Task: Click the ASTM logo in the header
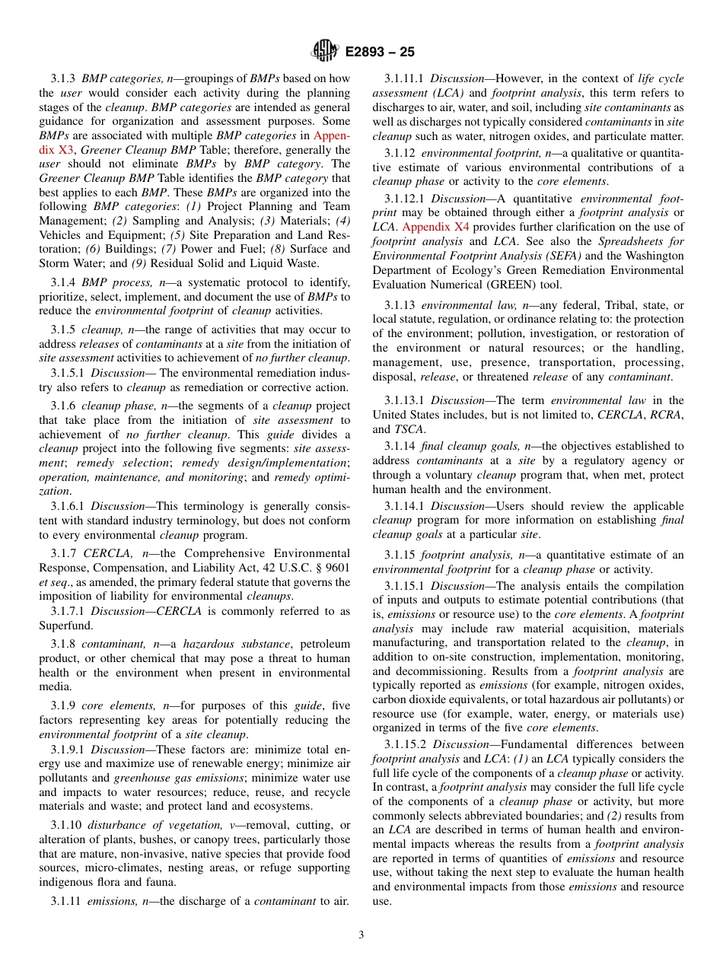coord(325,52)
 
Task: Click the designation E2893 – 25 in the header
coord(380,53)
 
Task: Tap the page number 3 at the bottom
coord(361,935)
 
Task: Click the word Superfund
coord(65,626)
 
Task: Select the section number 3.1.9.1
coord(68,748)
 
